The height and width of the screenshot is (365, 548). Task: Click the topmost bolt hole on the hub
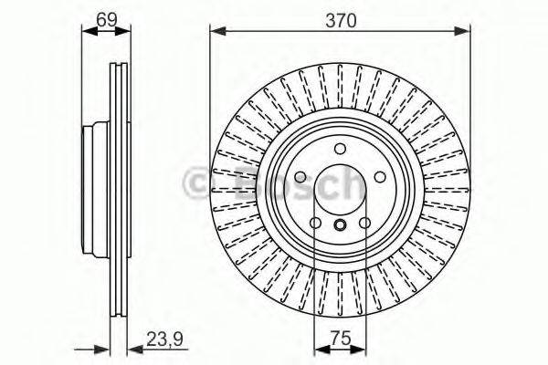(339, 150)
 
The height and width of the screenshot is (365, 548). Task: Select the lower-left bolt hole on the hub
(314, 224)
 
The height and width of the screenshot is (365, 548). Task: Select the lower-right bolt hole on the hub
(364, 224)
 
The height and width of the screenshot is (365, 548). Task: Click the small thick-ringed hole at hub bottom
(339, 227)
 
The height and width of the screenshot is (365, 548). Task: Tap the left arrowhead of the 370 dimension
(216, 31)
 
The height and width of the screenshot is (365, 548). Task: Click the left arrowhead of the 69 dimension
(87, 31)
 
